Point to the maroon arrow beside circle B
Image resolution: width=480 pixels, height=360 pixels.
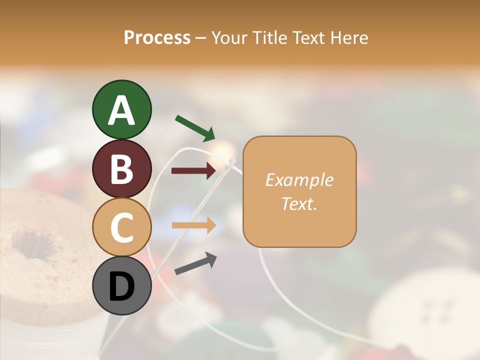tap(193, 171)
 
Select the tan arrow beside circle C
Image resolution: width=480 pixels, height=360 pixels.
tap(194, 225)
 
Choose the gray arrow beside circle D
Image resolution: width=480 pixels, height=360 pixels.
tap(195, 264)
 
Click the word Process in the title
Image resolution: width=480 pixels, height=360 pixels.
tap(157, 37)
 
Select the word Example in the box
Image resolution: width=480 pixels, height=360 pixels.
tap(299, 180)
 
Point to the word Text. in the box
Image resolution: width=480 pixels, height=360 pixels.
tap(299, 203)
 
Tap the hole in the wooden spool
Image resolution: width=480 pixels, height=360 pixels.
tap(32, 243)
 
